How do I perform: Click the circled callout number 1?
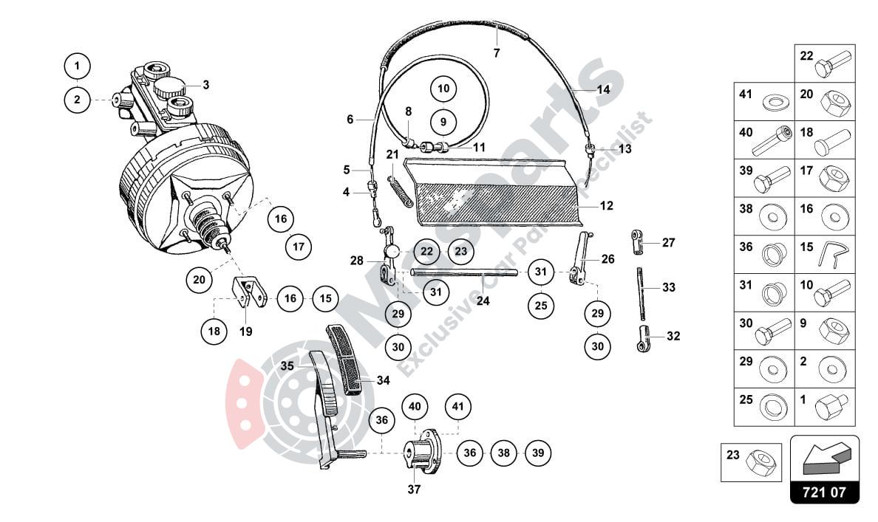click(x=77, y=66)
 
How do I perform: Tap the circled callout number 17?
click(x=299, y=247)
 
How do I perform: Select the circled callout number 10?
click(x=443, y=89)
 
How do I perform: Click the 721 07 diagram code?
click(x=825, y=491)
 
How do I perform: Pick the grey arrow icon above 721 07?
click(x=824, y=459)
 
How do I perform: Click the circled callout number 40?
click(x=415, y=407)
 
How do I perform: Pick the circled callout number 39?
click(x=538, y=453)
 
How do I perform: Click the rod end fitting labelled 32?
click(x=644, y=337)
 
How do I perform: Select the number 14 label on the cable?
click(x=603, y=89)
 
